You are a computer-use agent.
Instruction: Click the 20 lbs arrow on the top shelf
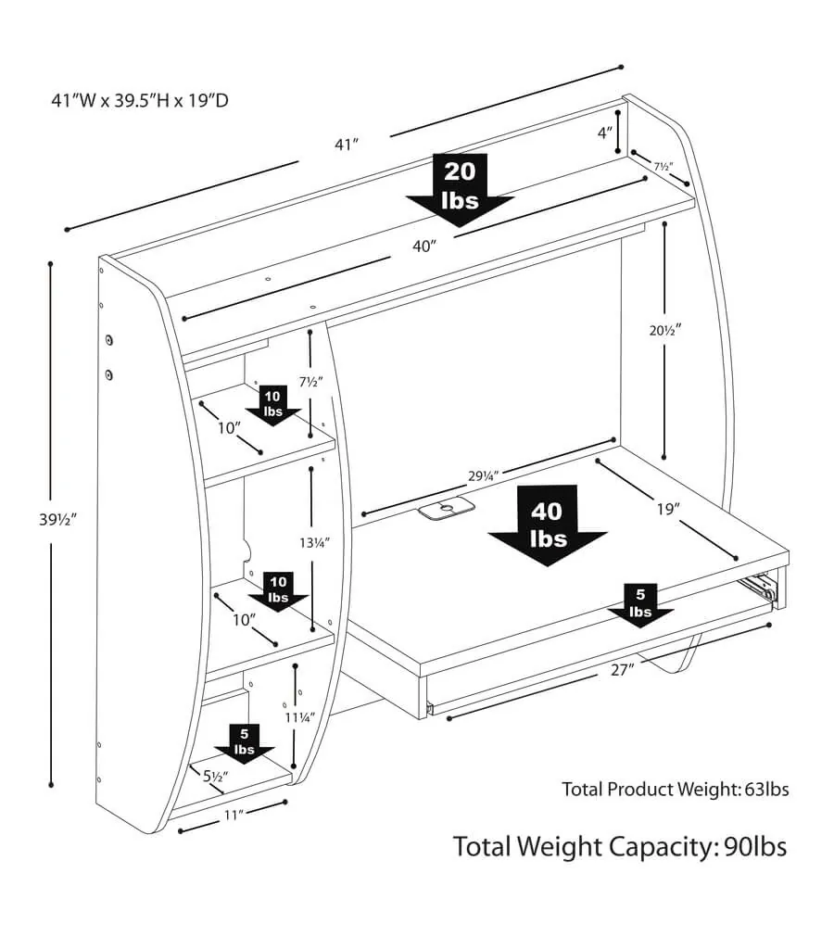pos(460,186)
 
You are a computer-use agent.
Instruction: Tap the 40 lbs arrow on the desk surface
pos(547,525)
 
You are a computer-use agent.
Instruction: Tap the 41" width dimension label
pos(347,145)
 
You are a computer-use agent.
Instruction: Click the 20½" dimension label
pos(664,328)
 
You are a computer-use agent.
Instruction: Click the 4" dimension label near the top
pos(605,133)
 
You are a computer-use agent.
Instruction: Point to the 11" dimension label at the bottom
pos(232,816)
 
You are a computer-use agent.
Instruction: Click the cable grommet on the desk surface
pos(446,508)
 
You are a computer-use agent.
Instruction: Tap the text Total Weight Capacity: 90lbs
pos(619,846)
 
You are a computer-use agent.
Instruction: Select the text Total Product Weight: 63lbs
pos(675,790)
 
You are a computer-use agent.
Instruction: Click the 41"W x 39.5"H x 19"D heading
pos(140,99)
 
